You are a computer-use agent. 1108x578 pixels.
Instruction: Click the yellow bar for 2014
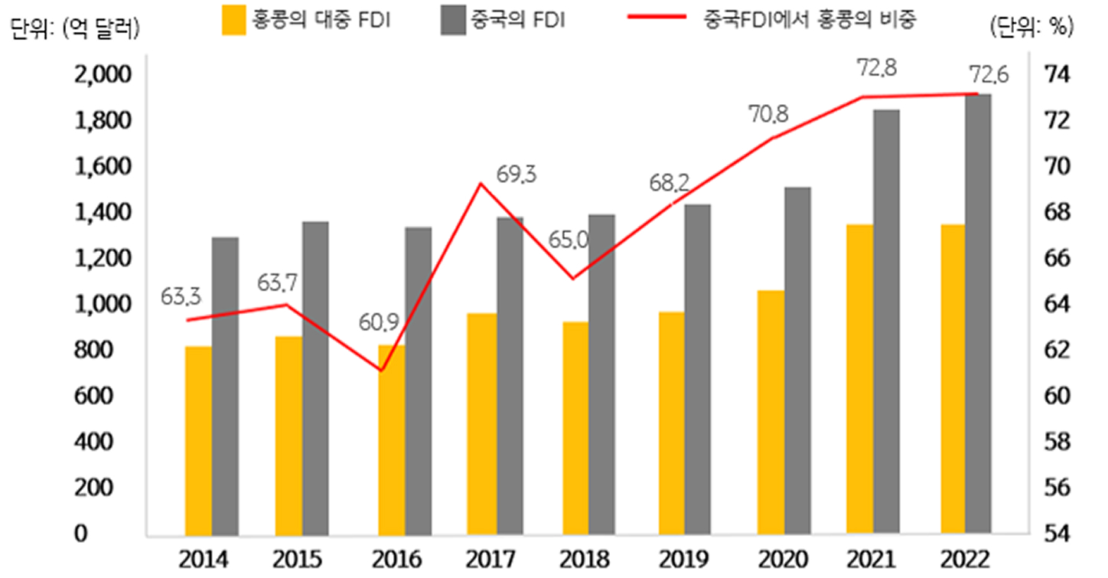tap(198, 440)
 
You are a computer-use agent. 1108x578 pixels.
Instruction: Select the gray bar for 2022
tap(979, 314)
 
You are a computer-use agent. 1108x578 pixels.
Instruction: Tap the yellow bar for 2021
tap(860, 379)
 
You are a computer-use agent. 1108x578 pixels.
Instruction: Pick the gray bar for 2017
tap(510, 375)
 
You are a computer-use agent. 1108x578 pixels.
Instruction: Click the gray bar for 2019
tap(698, 369)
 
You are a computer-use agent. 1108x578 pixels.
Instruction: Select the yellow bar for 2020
tap(771, 412)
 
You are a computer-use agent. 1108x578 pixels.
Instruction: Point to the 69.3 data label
tap(517, 175)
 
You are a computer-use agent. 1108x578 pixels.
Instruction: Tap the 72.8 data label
tap(877, 70)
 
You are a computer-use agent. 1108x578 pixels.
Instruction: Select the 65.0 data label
tap(569, 240)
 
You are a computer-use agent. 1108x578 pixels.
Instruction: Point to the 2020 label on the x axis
tap(784, 560)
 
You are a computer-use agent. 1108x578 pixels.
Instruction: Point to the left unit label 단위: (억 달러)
tap(75, 28)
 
